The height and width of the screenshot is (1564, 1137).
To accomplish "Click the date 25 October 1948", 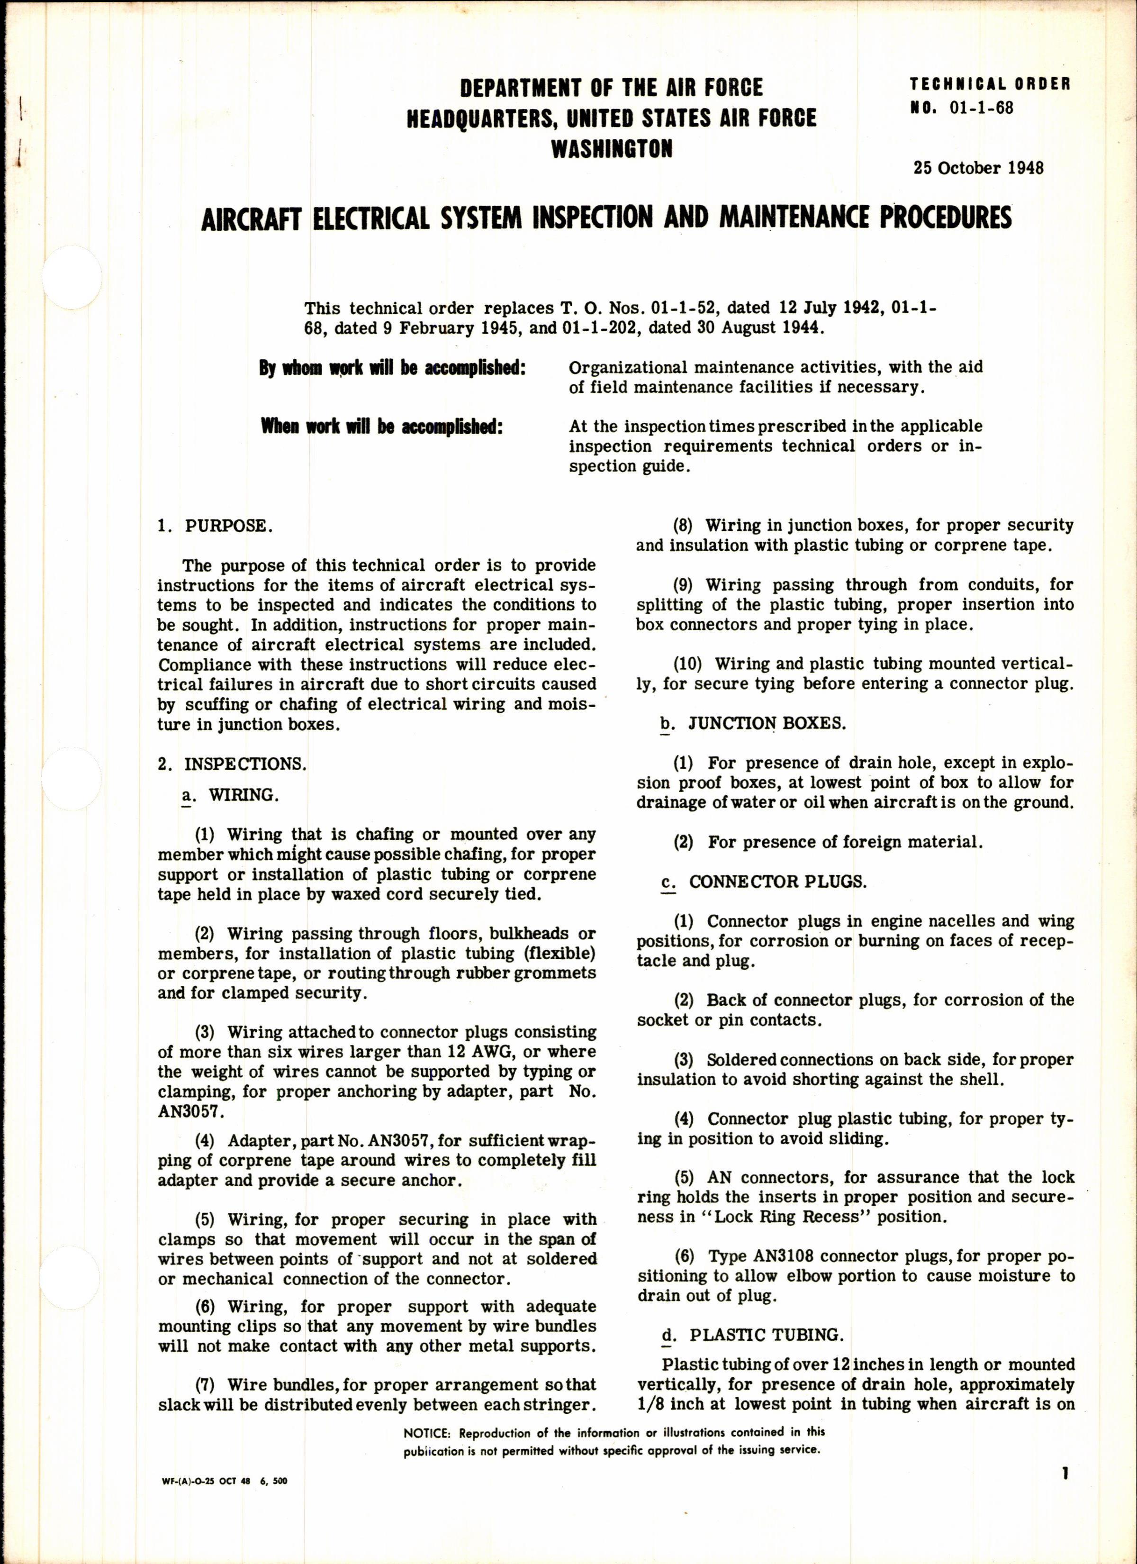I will pyautogui.click(x=978, y=168).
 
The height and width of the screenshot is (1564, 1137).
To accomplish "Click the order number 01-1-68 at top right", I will pyautogui.click(x=983, y=108).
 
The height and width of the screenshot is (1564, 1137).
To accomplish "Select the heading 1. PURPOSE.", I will pyautogui.click(x=215, y=526).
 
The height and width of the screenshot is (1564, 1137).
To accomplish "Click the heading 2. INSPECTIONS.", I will pyautogui.click(x=232, y=764).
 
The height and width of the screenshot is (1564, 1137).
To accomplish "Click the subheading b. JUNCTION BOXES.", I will pyautogui.click(x=753, y=723).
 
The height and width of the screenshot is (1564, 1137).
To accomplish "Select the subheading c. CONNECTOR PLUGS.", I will pyautogui.click(x=763, y=882).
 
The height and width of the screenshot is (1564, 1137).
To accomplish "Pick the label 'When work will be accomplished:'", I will pyautogui.click(x=381, y=427).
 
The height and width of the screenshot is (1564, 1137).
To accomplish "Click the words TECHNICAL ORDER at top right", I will pyautogui.click(x=990, y=85).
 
